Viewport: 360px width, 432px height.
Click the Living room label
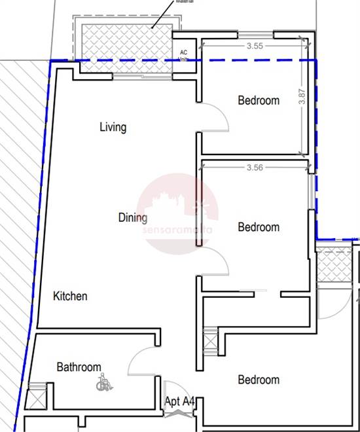coord(113,126)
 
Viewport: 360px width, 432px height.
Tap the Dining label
coord(133,217)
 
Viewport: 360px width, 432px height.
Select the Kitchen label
coord(70,296)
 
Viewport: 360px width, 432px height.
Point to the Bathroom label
coord(79,367)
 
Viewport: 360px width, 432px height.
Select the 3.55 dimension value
coord(255,46)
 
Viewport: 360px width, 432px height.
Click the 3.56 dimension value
coord(255,168)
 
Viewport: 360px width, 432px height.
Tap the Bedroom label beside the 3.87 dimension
coord(259,101)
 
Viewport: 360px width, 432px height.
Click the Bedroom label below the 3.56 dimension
coord(259,227)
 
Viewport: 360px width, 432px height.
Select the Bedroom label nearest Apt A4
coord(259,380)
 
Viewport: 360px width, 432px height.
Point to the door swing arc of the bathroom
coord(139,359)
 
